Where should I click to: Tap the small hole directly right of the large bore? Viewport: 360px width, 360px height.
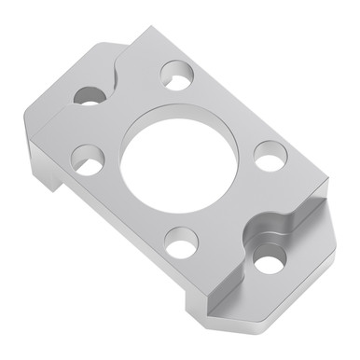point(269,155)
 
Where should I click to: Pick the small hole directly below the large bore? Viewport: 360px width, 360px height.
point(181,242)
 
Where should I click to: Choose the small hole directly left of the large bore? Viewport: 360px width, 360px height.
point(89,159)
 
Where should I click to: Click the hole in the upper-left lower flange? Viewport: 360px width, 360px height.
point(90,95)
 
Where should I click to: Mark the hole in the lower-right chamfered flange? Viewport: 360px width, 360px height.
point(270,262)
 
